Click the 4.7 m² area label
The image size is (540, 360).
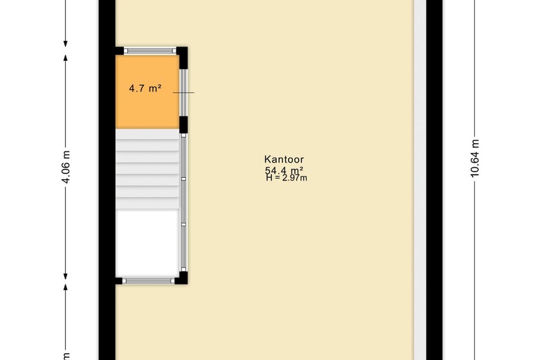(x=145, y=89)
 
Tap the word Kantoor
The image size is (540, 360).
(x=284, y=159)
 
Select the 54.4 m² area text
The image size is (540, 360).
(x=284, y=170)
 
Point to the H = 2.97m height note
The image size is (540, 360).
(x=286, y=178)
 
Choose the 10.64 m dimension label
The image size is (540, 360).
(x=475, y=159)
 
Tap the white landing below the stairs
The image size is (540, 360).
(x=147, y=242)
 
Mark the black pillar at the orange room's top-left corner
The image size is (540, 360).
(x=119, y=51)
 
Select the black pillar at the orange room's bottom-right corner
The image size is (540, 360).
(x=183, y=125)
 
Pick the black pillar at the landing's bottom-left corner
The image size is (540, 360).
(x=119, y=280)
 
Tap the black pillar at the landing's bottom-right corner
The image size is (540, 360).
(x=183, y=278)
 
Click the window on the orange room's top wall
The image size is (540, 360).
(x=150, y=51)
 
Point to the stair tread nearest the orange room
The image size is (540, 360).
(x=147, y=134)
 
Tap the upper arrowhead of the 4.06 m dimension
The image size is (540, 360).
(x=66, y=57)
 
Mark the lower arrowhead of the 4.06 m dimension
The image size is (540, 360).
(x=66, y=275)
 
